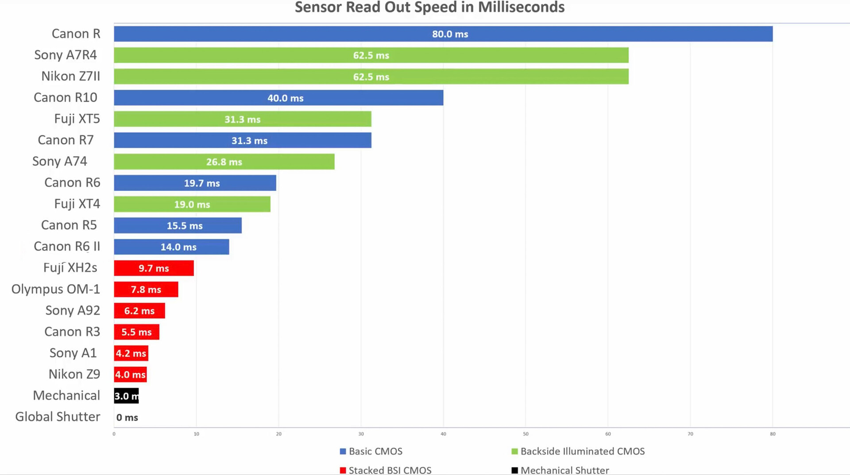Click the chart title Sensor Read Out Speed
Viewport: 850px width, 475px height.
(429, 8)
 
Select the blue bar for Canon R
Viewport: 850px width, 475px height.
(443, 34)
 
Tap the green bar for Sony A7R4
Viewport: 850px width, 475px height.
(371, 55)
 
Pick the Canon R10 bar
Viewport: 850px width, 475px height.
(278, 98)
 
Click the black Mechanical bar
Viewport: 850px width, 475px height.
(126, 396)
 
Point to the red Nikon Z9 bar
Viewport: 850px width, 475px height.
(130, 375)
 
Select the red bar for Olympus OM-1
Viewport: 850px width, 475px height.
(146, 290)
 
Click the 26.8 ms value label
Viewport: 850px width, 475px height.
(224, 162)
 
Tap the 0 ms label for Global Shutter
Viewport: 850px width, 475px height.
(127, 417)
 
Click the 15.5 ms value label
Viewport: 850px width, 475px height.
(185, 226)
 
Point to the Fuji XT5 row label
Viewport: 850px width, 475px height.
(77, 119)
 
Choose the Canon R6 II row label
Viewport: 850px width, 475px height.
(67, 246)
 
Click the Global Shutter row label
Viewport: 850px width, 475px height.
(58, 417)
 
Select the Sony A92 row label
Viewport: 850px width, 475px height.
(73, 310)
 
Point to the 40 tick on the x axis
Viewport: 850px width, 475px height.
(443, 434)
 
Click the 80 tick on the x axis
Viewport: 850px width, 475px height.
(773, 434)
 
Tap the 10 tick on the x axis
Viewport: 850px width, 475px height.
(196, 434)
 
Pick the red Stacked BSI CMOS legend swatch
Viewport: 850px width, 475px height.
(343, 470)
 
